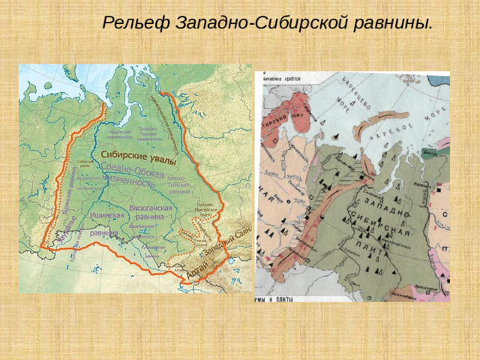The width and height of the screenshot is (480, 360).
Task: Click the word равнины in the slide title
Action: point(394,22)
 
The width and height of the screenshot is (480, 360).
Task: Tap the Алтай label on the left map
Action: point(193,273)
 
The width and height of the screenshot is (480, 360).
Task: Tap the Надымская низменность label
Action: point(114,134)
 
